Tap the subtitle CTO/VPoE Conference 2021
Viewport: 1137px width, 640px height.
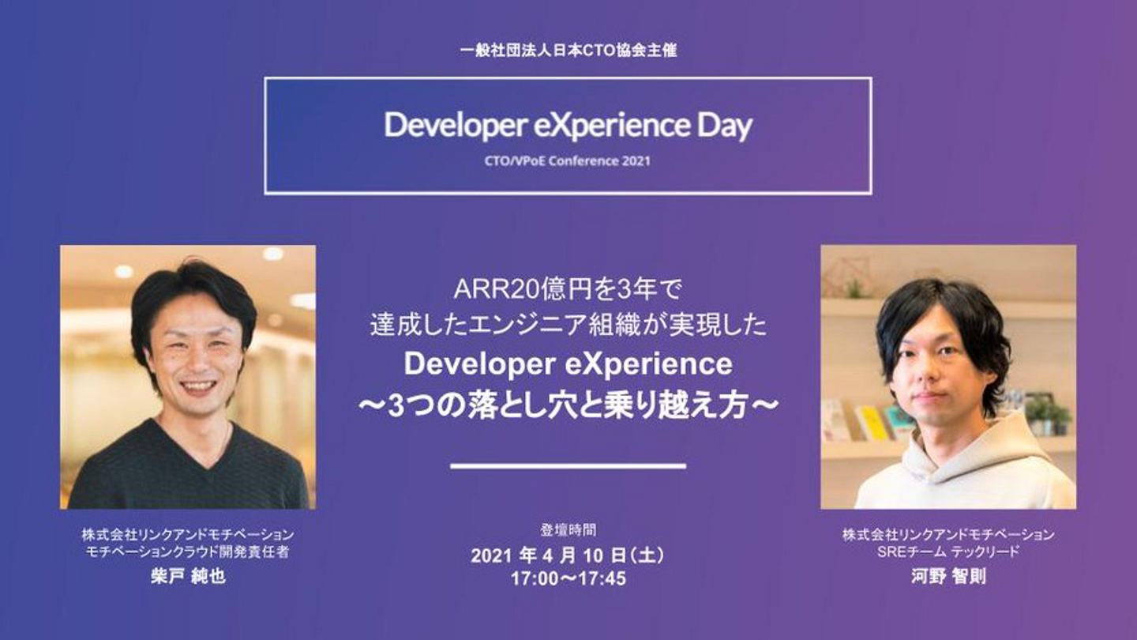[x=568, y=161]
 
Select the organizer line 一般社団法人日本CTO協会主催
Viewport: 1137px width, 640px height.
[x=568, y=51]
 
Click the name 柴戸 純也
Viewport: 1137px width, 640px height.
[x=188, y=577]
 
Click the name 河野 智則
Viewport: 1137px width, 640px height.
[x=948, y=577]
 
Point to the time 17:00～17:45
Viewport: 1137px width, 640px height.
[x=568, y=578]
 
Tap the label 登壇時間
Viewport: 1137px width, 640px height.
[x=568, y=530]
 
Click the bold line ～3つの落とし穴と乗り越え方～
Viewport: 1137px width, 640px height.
[x=568, y=406]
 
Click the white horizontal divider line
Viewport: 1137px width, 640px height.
[x=568, y=465]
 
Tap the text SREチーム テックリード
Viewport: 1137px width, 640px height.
[x=948, y=552]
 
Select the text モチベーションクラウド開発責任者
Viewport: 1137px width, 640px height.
[x=188, y=552]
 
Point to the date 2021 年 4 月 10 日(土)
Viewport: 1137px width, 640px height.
[x=568, y=555]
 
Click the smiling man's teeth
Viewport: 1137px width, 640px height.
[x=197, y=387]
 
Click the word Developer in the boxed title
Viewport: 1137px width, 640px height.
[x=455, y=126]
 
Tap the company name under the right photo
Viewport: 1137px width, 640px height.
[x=948, y=534]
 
